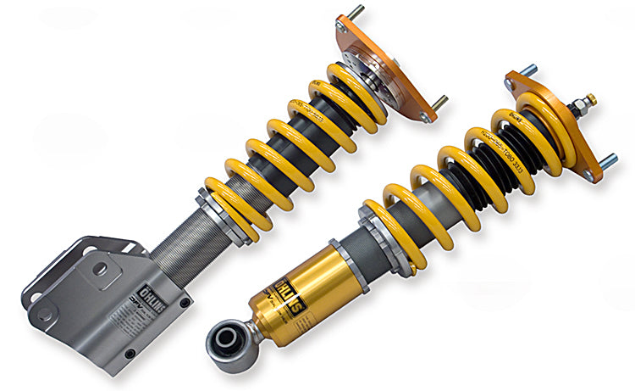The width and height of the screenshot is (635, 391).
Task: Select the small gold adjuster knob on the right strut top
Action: (x=591, y=99)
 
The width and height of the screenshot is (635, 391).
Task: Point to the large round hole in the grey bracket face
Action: (x=101, y=270)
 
